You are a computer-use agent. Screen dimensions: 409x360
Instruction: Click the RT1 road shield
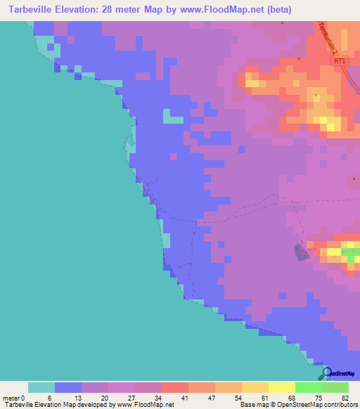[x=340, y=61]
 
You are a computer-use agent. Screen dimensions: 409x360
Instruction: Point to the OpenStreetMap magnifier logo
[x=326, y=373]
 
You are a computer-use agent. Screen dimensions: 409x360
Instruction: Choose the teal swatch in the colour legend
[x=41, y=387]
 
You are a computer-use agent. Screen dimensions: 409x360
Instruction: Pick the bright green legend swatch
[x=308, y=387]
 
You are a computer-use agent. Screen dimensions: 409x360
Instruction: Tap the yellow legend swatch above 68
[x=281, y=387]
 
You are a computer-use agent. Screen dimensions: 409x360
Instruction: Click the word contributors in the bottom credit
[x=340, y=405]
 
